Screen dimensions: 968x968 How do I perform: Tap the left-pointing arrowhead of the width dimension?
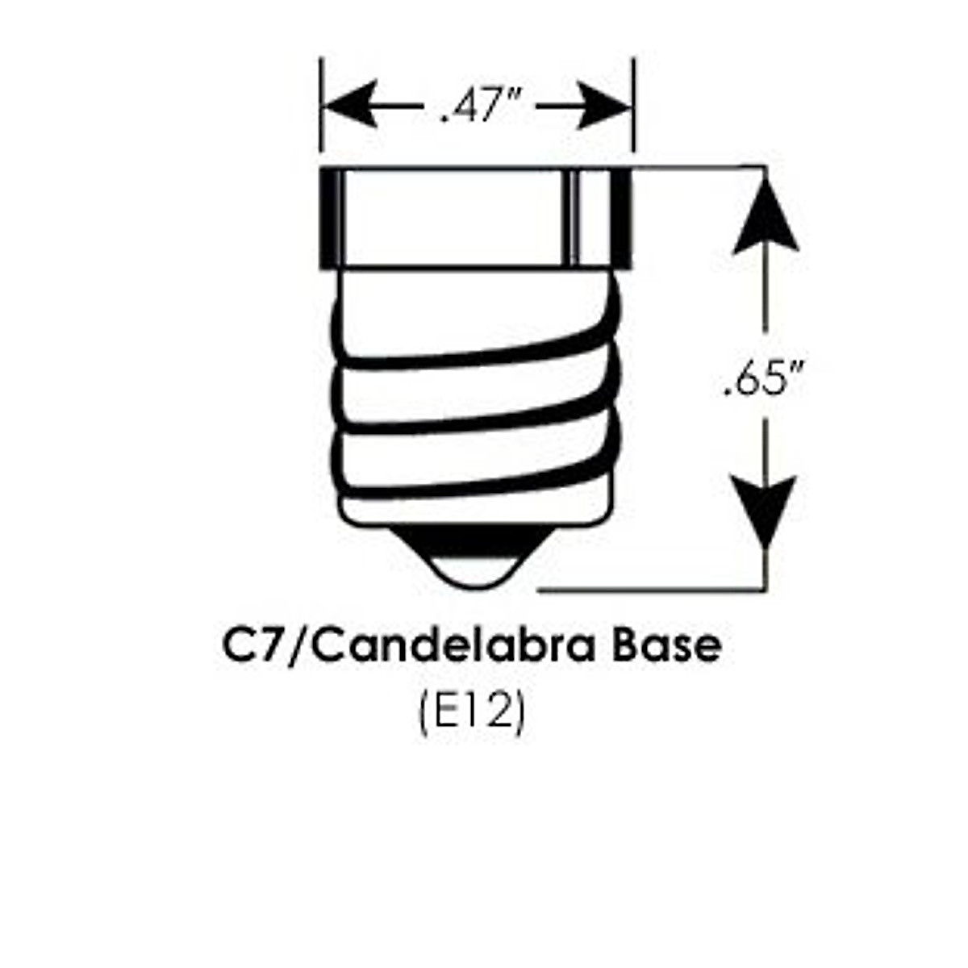coord(352,105)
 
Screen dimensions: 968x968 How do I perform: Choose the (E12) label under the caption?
coord(473,714)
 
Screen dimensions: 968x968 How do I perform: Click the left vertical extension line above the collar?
coord(321,105)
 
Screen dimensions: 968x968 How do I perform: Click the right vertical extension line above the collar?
coord(635,105)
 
